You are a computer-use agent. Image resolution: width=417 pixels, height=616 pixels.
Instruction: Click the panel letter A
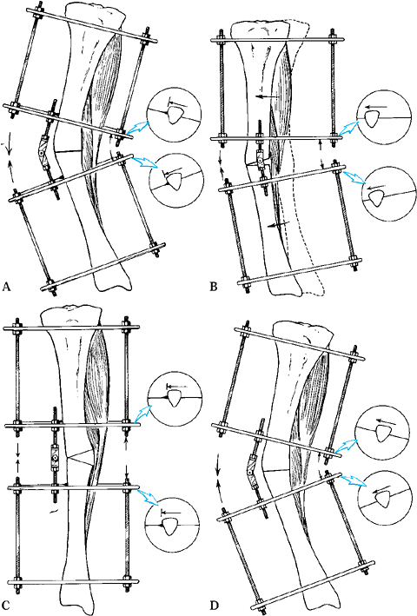(x=5, y=287)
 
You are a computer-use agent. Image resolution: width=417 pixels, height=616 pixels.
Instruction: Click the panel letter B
(x=214, y=287)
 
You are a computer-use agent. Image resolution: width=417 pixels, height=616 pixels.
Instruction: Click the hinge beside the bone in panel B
(x=259, y=158)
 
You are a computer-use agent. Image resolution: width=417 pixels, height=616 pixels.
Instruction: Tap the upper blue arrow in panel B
(x=347, y=128)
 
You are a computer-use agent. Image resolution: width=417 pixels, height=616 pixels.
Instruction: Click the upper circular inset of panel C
(x=175, y=398)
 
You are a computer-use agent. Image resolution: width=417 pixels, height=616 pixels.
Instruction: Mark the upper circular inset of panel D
(x=381, y=432)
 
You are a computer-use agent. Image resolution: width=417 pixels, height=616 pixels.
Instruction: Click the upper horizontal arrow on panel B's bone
(x=267, y=96)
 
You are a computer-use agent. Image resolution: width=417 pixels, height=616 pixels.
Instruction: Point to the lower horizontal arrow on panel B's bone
(x=277, y=224)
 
